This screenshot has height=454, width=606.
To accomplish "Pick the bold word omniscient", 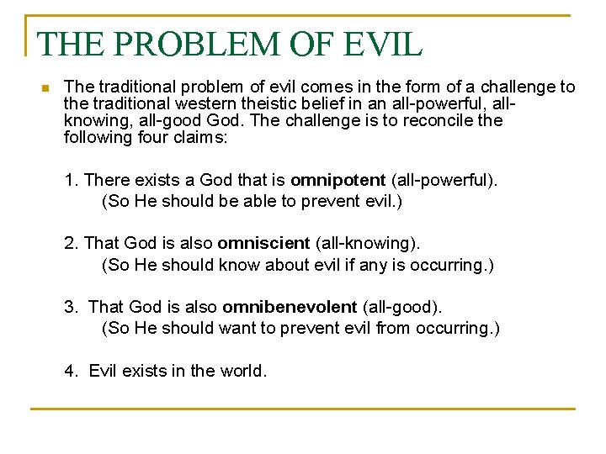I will point(263,243).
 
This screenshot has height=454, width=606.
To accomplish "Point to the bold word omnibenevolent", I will point(290,307).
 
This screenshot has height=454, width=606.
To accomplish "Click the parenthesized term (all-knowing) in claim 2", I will point(367,243).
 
